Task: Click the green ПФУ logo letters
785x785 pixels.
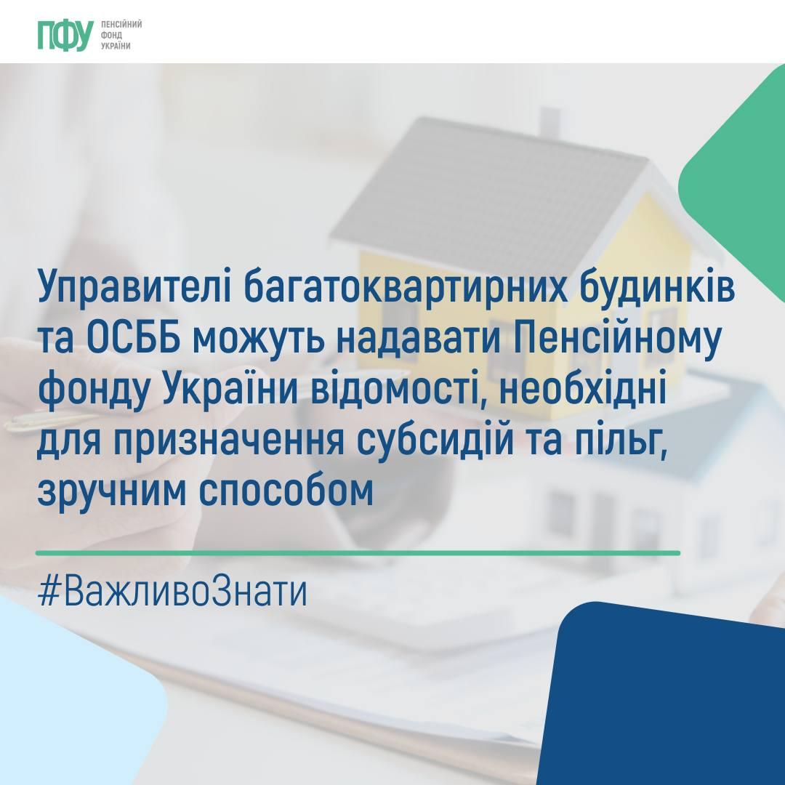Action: click(x=65, y=36)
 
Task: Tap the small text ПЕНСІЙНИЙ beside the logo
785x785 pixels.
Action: click(x=121, y=25)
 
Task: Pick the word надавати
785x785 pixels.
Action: click(x=419, y=340)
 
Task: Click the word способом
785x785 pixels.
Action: click(x=286, y=491)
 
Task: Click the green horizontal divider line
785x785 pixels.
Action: click(x=358, y=553)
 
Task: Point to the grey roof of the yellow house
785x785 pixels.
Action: click(x=496, y=190)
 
